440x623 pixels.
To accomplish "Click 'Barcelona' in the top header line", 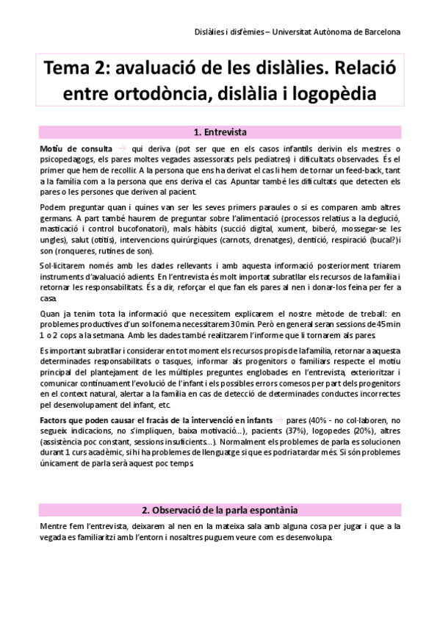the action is tap(375, 32).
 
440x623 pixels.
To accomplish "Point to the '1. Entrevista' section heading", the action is tap(220, 133).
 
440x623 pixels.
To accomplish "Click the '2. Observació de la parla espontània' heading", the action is tap(220, 509).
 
